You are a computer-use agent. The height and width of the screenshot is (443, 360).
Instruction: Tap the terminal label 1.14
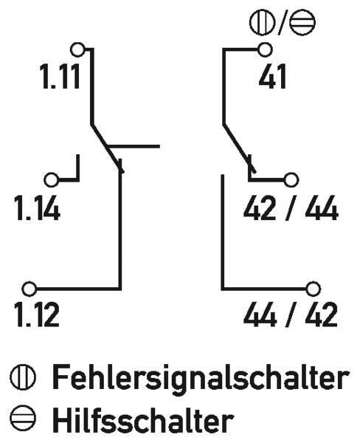38,208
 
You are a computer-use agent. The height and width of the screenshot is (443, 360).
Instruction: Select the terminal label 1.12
38,315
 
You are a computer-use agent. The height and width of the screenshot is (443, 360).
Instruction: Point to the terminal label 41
272,76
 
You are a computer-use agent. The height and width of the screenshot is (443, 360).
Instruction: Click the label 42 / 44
291,208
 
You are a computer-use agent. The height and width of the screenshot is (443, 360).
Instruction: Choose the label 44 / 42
291,315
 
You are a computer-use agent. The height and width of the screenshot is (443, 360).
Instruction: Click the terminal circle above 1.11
77,49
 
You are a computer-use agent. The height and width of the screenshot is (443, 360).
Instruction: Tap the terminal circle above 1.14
52,179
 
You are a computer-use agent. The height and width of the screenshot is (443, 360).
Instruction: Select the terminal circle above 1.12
29,289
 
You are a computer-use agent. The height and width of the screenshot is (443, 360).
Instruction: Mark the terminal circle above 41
265,49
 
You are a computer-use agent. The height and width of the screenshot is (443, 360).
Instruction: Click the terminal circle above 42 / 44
291,179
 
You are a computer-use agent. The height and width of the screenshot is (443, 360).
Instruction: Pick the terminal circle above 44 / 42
313,289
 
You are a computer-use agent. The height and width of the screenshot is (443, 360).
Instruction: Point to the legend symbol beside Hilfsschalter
23,419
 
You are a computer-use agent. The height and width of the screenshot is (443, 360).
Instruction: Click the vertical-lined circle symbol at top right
263,22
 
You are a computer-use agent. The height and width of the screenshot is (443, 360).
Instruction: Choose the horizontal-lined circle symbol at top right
302,22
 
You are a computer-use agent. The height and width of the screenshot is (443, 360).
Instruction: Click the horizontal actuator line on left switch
134,146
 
